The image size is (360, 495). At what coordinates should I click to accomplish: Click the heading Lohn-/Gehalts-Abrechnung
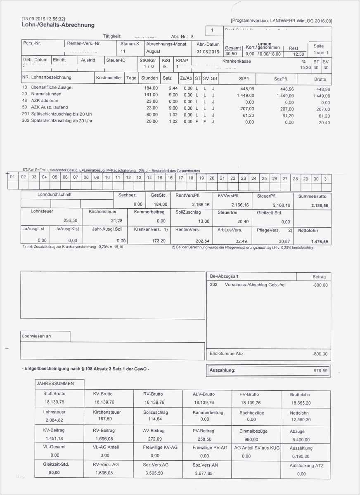pyautogui.click(x=58, y=25)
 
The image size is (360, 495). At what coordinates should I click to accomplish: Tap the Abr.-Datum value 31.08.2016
pyautogui.click(x=208, y=52)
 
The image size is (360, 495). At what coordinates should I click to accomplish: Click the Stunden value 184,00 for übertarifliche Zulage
pyautogui.click(x=151, y=88)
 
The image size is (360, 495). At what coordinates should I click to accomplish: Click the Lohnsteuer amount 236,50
pyautogui.click(x=71, y=221)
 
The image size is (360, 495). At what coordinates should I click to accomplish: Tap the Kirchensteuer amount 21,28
pyautogui.click(x=117, y=221)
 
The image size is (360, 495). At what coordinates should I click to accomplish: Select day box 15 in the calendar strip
pyautogui.click(x=159, y=178)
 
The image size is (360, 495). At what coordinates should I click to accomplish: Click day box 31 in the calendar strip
pyautogui.click(x=327, y=178)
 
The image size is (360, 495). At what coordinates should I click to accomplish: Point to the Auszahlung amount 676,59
pyautogui.click(x=320, y=371)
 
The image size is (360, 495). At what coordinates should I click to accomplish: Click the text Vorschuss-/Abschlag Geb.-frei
pyautogui.click(x=255, y=285)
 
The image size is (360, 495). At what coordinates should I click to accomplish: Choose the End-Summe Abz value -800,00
pyautogui.click(x=320, y=354)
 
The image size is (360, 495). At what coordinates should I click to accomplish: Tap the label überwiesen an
pyautogui.click(x=37, y=336)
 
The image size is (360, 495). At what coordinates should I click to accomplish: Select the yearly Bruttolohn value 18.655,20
pyautogui.click(x=301, y=403)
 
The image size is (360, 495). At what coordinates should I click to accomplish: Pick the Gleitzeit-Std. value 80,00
pyautogui.click(x=54, y=473)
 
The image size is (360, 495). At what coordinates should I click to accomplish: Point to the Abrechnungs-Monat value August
pyautogui.click(x=153, y=52)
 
